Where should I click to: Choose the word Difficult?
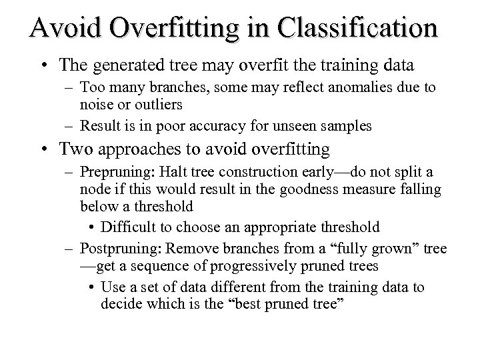point(133,227)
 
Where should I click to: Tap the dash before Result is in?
point(69,126)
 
